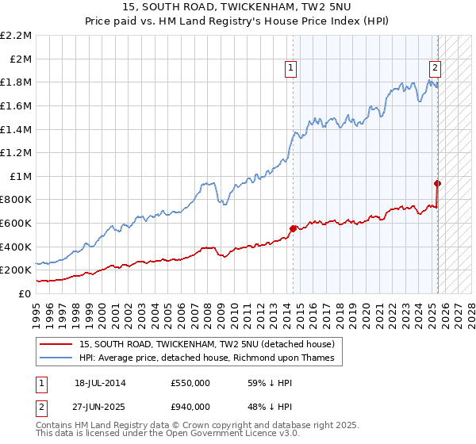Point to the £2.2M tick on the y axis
(16, 36)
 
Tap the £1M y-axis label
(20, 176)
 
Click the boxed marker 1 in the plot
(292, 69)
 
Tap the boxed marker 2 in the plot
(436, 69)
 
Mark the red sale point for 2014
(293, 228)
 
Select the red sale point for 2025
(437, 183)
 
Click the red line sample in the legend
(57, 344)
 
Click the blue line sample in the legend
(57, 358)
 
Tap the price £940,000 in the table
(190, 406)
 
